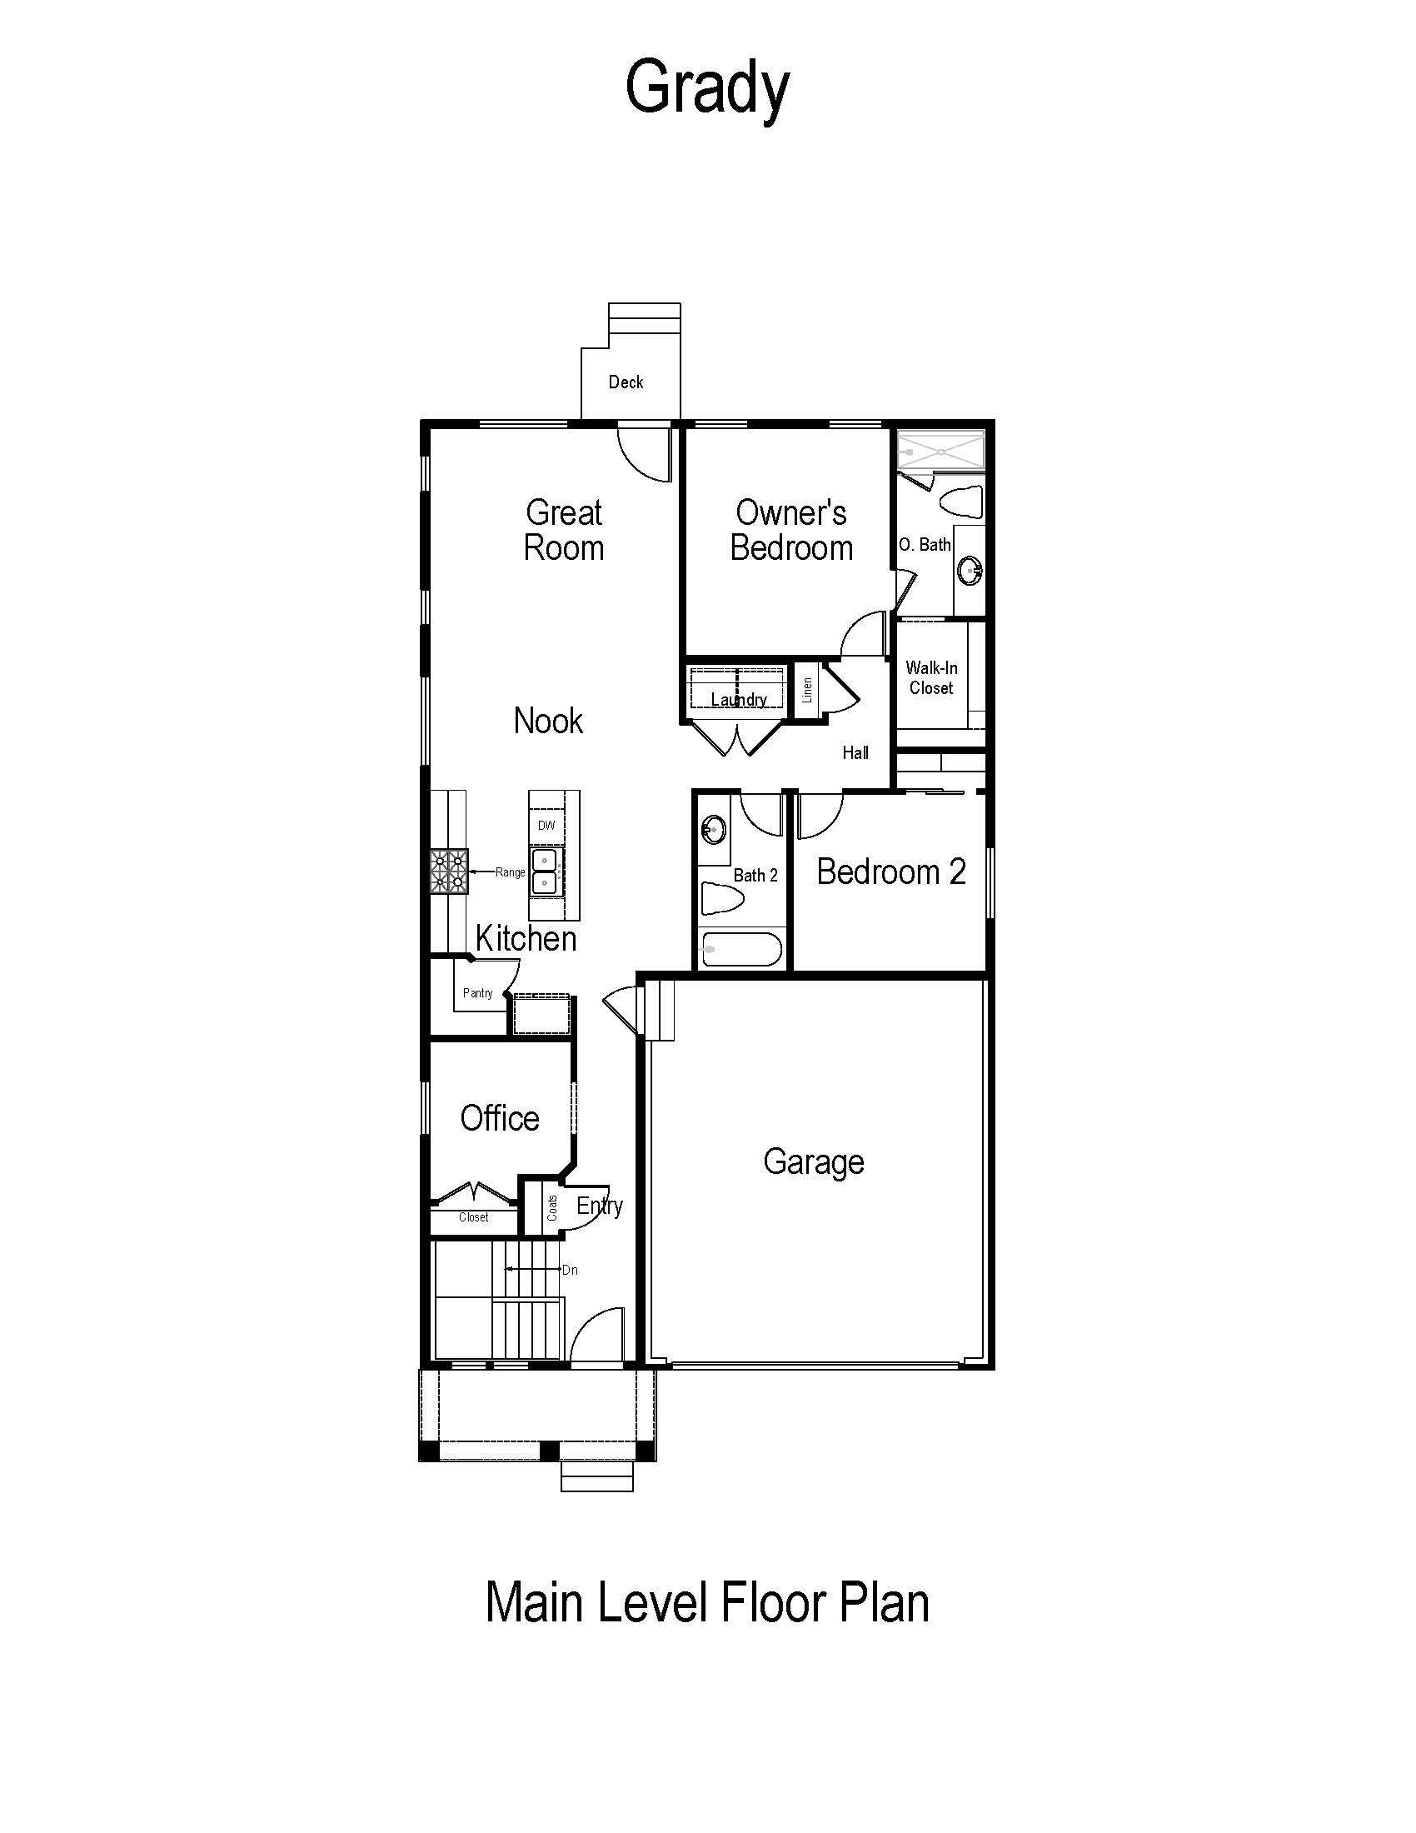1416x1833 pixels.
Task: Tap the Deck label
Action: (626, 382)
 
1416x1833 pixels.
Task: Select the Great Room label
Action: (564, 530)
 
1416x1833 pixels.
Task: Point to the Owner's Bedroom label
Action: (791, 530)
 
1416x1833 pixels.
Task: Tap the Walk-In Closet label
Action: (931, 677)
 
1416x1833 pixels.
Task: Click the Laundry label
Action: (739, 699)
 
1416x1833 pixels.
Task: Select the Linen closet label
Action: (807, 690)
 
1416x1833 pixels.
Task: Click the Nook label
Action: (548, 720)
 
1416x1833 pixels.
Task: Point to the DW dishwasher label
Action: (546, 825)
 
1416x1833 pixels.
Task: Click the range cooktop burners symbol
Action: (449, 872)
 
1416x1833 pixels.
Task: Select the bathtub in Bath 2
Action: (741, 950)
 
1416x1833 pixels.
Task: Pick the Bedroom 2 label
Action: (891, 872)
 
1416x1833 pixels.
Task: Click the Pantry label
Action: (477, 993)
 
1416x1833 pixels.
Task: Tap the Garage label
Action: (814, 1162)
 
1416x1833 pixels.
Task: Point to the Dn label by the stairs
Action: (570, 1270)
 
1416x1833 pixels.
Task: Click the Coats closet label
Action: (552, 1208)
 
